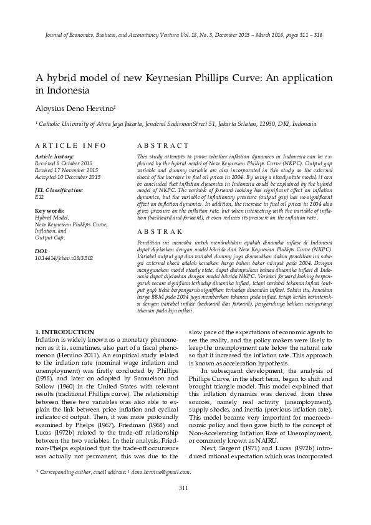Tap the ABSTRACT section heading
(158, 145)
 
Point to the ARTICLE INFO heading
(70, 145)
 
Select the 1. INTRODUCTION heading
(65, 332)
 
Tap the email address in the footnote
(160, 472)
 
